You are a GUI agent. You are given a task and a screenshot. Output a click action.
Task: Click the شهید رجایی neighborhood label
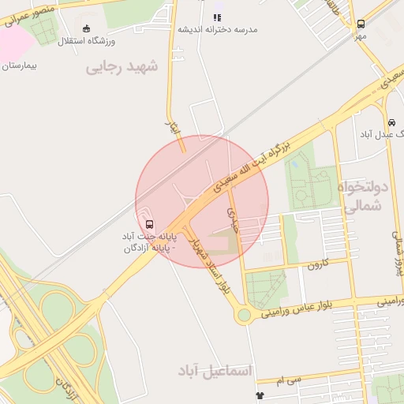(x=122, y=67)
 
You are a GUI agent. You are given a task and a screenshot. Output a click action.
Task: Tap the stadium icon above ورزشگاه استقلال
(x=86, y=28)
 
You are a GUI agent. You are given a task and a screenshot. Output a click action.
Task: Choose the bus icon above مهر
(x=361, y=24)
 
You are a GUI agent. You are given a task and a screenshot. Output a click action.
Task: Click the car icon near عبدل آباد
(x=391, y=122)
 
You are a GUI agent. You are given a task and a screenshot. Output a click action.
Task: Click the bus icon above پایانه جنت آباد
(x=150, y=224)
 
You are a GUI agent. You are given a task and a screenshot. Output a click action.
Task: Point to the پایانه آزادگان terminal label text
(x=148, y=249)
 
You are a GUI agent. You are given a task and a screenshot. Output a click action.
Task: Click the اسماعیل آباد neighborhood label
(x=213, y=370)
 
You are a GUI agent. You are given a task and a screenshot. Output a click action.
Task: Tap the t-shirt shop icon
(x=260, y=395)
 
